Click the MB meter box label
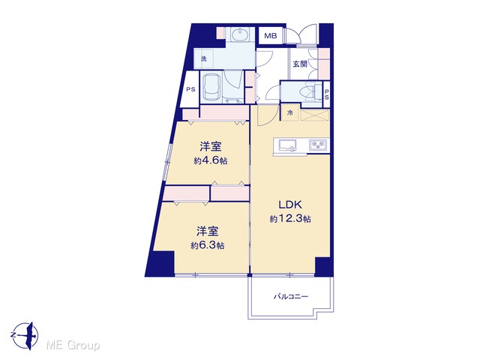coord(271,36)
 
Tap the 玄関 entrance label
coord(300,64)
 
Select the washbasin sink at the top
coord(240,34)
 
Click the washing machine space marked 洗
coord(203,58)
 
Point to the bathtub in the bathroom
coord(211,87)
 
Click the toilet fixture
coord(311,91)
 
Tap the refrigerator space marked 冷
coord(290,112)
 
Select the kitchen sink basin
coord(286,145)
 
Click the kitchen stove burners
coord(318,145)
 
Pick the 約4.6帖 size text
coord(211,160)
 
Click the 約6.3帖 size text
coord(208,245)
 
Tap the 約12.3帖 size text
coord(290,218)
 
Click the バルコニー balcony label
coord(291,296)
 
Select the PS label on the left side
coord(190,90)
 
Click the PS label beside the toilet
coord(327,94)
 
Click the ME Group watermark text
coord(73,346)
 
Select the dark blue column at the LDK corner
coord(322,266)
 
